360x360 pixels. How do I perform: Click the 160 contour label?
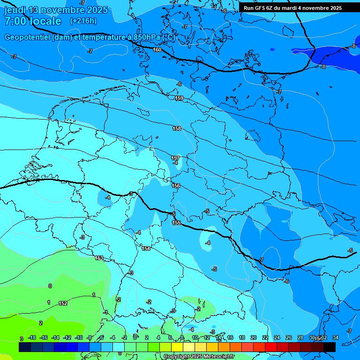(157, 50)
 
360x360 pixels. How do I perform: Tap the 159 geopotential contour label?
(179, 98)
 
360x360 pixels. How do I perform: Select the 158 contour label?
(177, 128)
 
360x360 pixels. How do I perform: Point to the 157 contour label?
(175, 158)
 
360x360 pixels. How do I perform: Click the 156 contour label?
(176, 186)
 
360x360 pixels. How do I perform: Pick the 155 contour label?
(176, 223)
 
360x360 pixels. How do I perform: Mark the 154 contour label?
(146, 248)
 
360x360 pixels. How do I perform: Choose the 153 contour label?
(99, 258)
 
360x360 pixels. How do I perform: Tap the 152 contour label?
(63, 303)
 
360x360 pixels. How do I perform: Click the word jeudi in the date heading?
(15, 10)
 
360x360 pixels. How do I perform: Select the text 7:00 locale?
(32, 21)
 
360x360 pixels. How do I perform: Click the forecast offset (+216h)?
(83, 21)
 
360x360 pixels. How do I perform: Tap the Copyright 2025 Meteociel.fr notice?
(199, 357)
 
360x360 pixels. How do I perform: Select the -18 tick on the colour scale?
(32, 337)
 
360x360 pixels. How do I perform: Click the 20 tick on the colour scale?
(254, 337)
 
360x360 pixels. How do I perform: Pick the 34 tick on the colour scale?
(335, 337)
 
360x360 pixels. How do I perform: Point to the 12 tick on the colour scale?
(207, 337)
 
